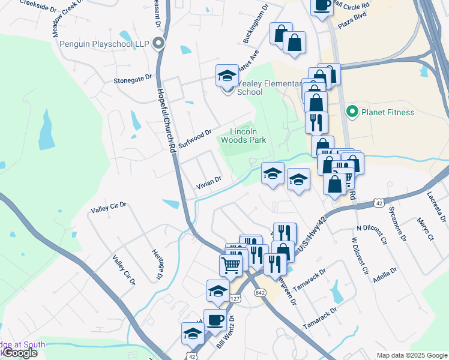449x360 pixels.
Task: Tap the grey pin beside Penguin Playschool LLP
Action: pos(158,43)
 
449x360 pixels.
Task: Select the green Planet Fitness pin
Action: pos(351,112)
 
